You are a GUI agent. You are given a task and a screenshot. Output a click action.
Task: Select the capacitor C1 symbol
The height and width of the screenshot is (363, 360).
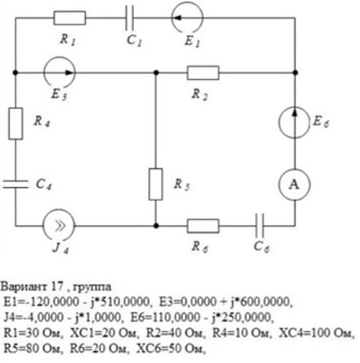pos(129,18)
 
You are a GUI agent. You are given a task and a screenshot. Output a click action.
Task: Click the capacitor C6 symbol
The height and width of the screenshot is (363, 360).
pos(260,225)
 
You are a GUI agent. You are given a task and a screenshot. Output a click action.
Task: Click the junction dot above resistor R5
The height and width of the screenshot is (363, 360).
pos(156,73)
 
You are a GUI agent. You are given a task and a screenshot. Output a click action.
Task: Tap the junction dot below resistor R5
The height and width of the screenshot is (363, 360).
pos(156,225)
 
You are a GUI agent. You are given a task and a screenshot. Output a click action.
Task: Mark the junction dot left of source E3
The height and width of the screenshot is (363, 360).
pos(15,73)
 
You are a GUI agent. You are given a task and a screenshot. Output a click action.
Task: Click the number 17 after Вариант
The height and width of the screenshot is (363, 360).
pos(57,286)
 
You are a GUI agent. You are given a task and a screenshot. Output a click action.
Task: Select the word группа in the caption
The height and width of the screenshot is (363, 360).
pos(92,288)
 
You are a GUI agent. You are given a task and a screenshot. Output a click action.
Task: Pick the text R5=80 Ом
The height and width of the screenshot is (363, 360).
pos(33,349)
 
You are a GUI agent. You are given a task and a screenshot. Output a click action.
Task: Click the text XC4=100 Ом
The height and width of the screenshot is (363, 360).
pos(316,333)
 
